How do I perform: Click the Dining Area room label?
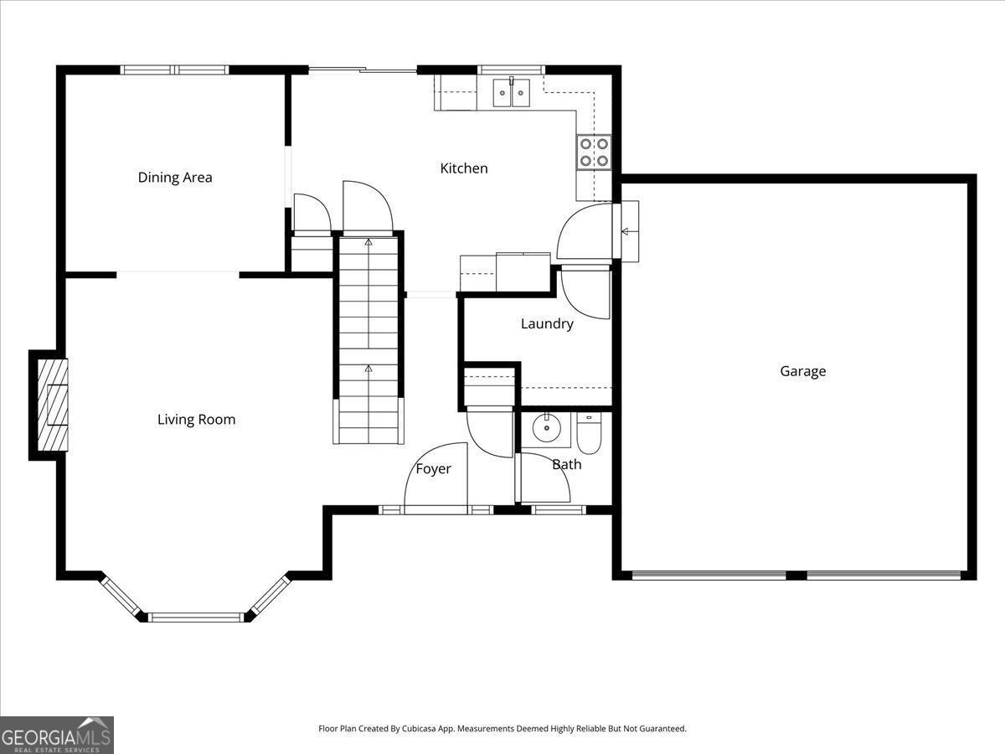[x=175, y=177]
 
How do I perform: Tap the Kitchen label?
[x=464, y=168]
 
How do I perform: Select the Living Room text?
[x=196, y=420]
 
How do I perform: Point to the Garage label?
[x=803, y=371]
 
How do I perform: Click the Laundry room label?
[x=547, y=324]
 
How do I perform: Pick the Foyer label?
[x=433, y=469]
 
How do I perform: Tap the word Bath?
[x=566, y=464]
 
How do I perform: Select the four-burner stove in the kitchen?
[x=594, y=152]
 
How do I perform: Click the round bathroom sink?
[x=547, y=428]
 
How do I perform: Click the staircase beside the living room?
[x=368, y=339]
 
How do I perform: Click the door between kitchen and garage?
[x=586, y=233]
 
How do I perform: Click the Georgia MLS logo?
[x=57, y=735]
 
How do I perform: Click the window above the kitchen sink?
[x=511, y=70]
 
